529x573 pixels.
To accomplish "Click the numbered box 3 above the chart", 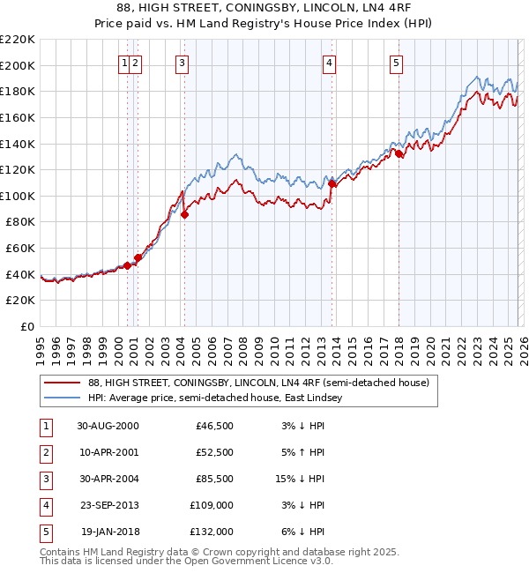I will (x=182, y=63).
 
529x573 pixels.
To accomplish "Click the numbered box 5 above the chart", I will (x=396, y=63).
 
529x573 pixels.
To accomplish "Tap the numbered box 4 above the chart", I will (x=329, y=63).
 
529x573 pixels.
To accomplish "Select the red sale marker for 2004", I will (x=185, y=214).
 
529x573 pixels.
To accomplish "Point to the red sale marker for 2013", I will (x=332, y=183).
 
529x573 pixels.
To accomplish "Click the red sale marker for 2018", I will (x=399, y=153).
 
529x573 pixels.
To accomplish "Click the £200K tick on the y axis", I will (x=18, y=65).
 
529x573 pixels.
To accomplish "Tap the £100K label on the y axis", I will (x=18, y=196).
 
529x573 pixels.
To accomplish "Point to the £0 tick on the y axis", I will (x=27, y=327).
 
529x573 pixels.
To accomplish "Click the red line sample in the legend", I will (x=63, y=383).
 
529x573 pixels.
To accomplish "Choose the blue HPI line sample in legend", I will (x=63, y=398).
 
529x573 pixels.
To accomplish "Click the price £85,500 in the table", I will (x=214, y=479).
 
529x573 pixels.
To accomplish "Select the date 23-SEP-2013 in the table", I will (x=108, y=505).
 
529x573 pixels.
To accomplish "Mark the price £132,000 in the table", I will (x=212, y=532).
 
